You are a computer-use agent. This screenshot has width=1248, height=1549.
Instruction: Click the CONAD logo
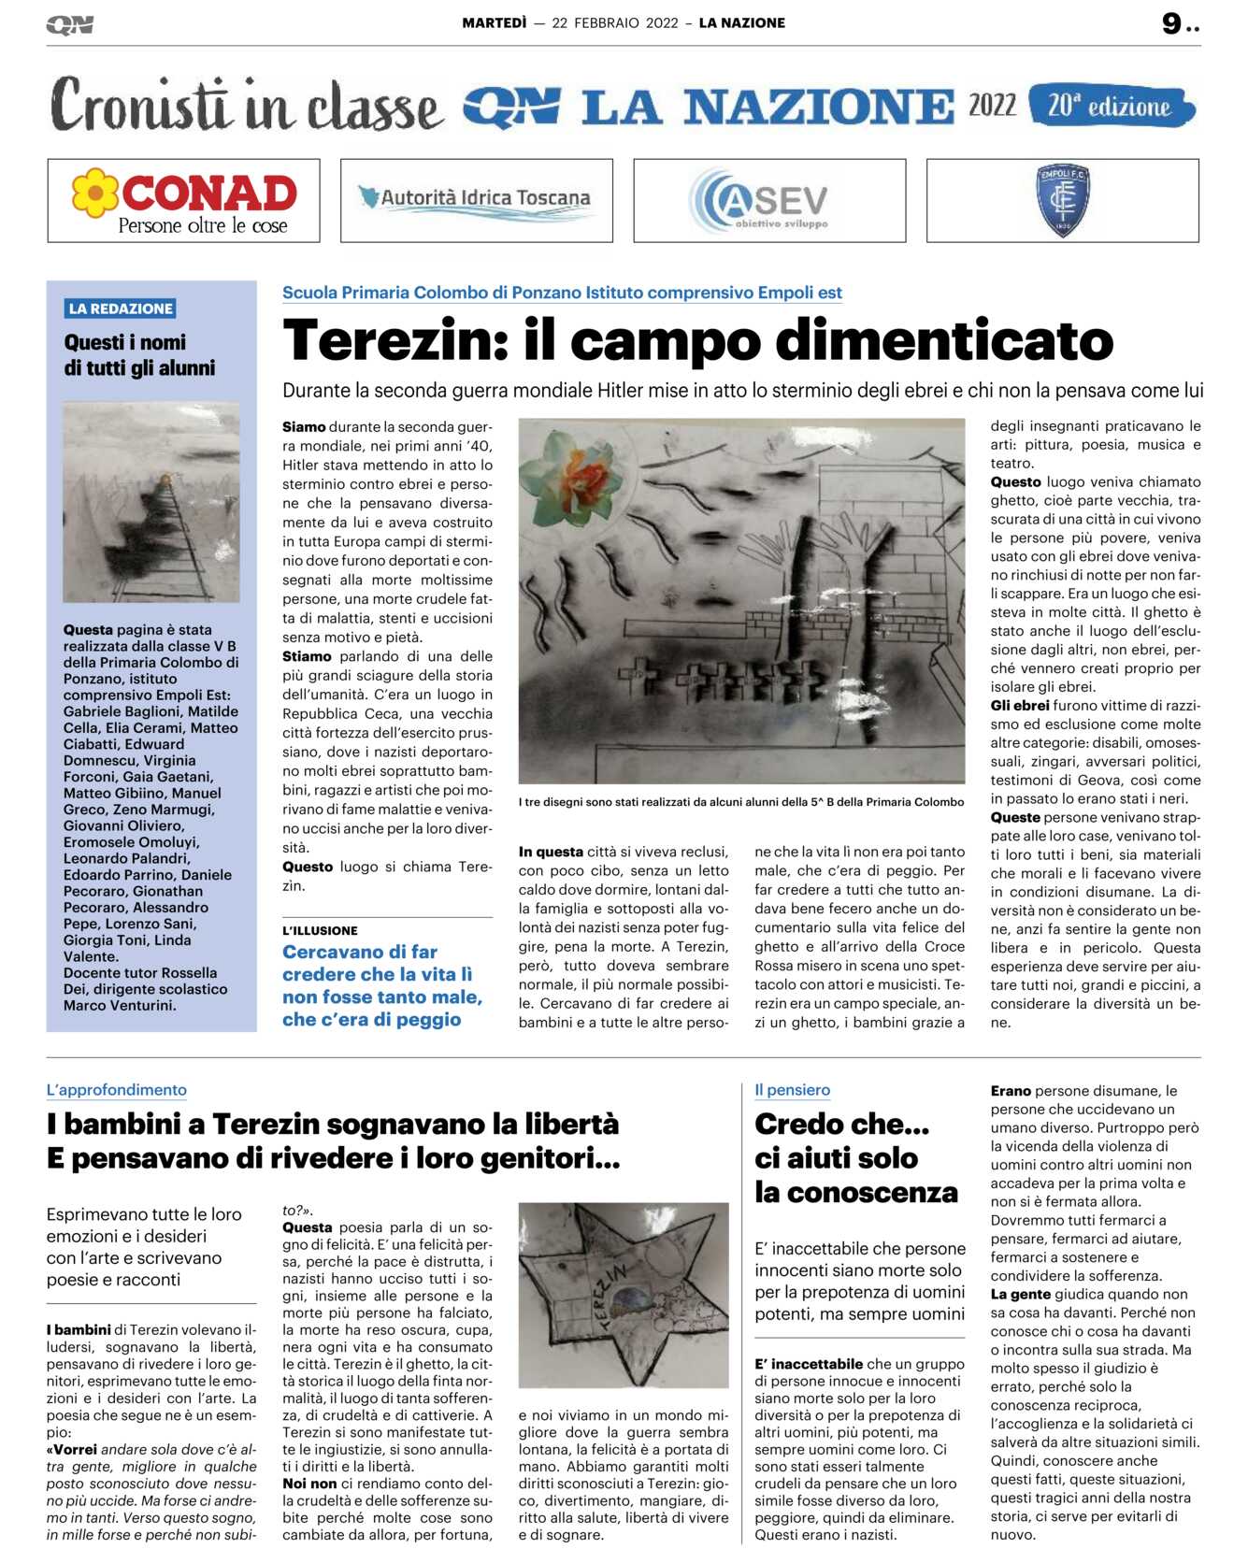(184, 200)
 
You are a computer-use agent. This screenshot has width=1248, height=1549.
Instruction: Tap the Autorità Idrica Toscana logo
(476, 200)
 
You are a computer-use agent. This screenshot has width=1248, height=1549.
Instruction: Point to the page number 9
(1171, 23)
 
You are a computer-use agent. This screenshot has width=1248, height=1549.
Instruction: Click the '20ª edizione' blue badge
(1111, 106)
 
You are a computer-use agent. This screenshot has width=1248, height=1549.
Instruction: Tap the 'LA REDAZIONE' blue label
(121, 308)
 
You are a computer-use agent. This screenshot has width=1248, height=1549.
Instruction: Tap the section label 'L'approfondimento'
(117, 1090)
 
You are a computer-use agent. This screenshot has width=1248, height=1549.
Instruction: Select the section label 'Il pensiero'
(792, 1090)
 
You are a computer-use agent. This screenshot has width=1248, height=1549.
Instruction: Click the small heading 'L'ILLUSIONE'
(320, 930)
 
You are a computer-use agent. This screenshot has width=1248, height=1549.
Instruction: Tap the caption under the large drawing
(740, 802)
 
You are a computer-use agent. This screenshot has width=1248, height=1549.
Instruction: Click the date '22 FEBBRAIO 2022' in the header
(614, 23)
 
